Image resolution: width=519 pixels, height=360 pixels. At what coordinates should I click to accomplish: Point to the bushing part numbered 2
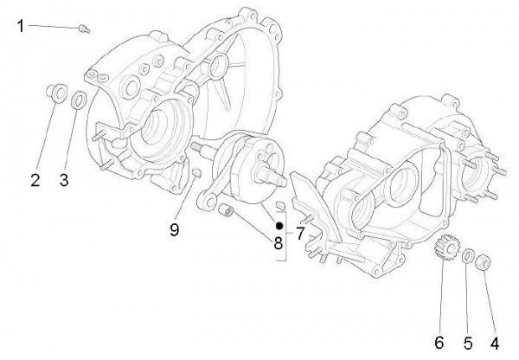(x=54, y=93)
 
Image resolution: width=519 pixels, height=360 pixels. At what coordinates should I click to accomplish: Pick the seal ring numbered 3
(x=77, y=100)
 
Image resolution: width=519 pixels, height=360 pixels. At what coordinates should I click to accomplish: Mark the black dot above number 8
(x=279, y=225)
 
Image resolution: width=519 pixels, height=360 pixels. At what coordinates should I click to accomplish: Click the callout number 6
(x=439, y=343)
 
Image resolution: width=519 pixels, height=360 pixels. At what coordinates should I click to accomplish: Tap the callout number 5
(x=467, y=343)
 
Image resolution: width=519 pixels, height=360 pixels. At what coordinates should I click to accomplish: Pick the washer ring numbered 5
(x=467, y=257)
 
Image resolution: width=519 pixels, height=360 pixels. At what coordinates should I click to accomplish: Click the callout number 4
(x=494, y=343)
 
